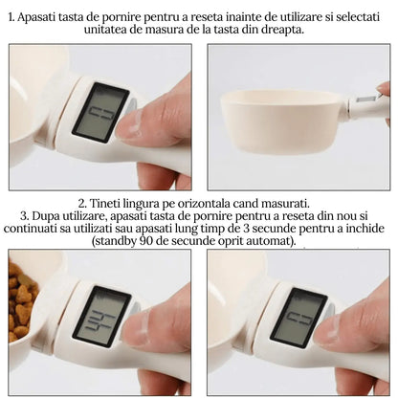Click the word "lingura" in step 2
coord(142,204)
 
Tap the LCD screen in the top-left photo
coord(100,112)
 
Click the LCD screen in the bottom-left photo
coord(101,317)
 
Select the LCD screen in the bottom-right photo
coord(298,318)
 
